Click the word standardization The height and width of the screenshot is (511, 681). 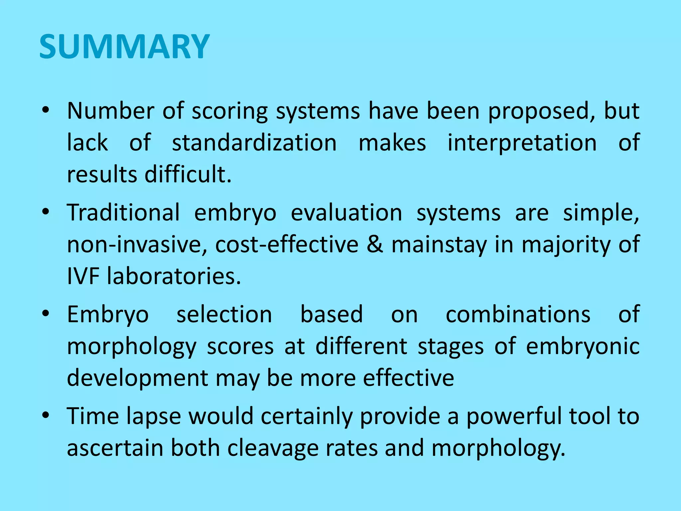(254, 143)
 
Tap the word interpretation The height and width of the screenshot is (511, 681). (522, 143)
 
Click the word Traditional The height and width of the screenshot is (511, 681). (123, 213)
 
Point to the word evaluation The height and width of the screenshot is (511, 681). (346, 213)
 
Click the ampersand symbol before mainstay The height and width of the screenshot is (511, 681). (375, 245)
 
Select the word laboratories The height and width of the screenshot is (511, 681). (174, 276)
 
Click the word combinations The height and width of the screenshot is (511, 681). (518, 315)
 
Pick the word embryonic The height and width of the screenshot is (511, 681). (583, 346)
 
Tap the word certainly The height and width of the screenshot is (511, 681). (306, 416)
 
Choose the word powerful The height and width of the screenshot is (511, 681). (514, 416)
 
